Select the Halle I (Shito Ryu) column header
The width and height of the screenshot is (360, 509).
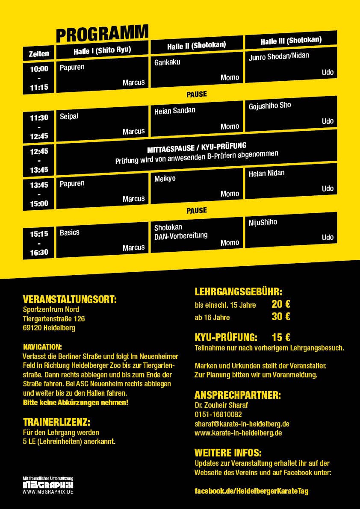(x=102, y=50)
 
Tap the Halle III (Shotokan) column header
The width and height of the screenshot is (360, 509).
(x=291, y=41)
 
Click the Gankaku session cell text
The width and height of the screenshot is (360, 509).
(x=167, y=62)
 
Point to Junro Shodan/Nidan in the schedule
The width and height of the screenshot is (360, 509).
(x=279, y=56)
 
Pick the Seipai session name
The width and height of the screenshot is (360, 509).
(x=69, y=116)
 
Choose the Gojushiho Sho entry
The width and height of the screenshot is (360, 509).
(x=270, y=106)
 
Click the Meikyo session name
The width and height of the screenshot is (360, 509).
(x=165, y=178)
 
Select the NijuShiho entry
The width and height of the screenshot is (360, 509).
(x=263, y=222)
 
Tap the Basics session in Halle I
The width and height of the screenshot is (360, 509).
(x=70, y=232)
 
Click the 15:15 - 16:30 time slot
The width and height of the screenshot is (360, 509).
(x=39, y=243)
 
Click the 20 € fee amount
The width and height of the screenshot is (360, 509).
(x=281, y=304)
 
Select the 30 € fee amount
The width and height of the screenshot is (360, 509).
(x=281, y=317)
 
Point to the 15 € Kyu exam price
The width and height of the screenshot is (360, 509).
(x=281, y=337)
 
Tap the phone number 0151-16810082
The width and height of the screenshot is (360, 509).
(x=218, y=414)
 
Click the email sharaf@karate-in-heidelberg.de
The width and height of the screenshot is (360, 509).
(x=242, y=424)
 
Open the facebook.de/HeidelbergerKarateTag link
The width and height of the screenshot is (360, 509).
(x=251, y=491)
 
